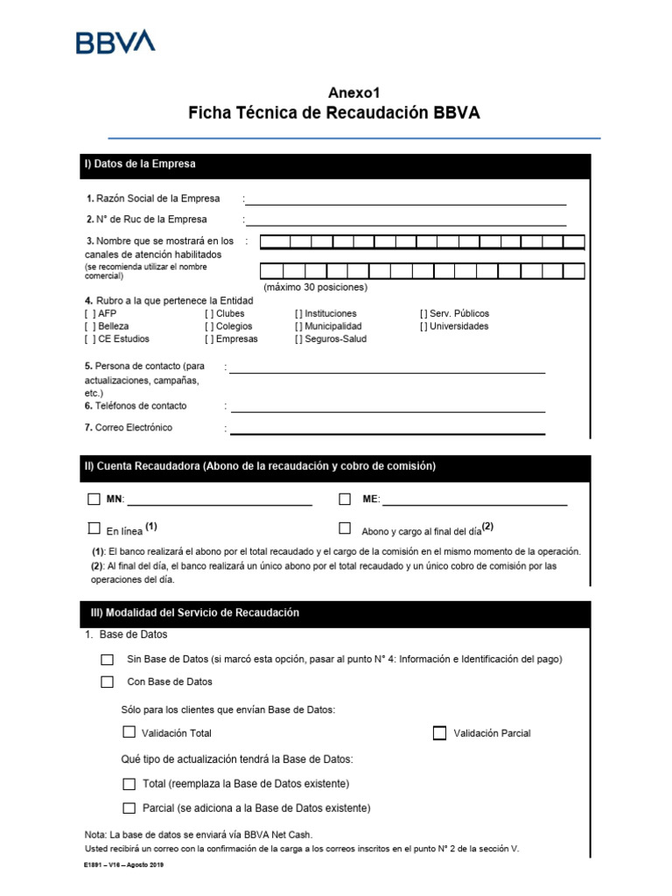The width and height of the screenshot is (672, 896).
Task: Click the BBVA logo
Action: tap(115, 41)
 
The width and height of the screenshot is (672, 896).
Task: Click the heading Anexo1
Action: tap(354, 93)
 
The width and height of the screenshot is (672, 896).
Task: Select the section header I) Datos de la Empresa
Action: tap(140, 164)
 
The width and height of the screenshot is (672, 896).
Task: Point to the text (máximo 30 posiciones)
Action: tap(315, 287)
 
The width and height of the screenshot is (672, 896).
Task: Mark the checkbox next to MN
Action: tap(94, 500)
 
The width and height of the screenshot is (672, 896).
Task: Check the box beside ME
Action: tap(345, 500)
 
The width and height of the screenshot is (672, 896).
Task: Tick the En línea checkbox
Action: tap(94, 528)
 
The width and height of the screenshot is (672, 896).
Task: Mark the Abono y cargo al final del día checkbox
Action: tap(345, 528)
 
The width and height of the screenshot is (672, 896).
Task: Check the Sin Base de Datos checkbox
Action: tap(107, 660)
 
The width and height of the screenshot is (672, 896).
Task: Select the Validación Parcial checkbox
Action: tap(439, 733)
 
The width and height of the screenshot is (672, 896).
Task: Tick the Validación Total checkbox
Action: tap(129, 732)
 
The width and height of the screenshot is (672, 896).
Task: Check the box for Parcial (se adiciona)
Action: tap(129, 808)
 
